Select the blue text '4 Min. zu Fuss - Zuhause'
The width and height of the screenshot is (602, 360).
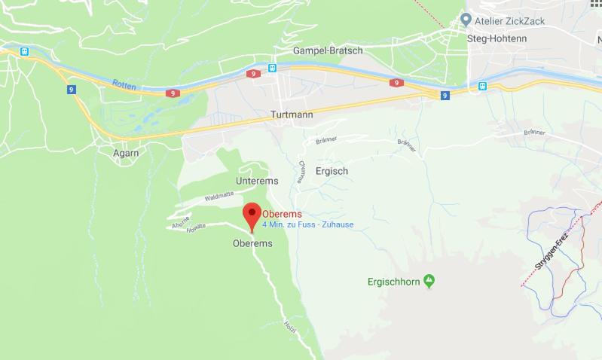(x=307, y=224)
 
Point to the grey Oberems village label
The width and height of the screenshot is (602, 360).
(x=252, y=244)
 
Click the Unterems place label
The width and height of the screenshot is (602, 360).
(x=257, y=182)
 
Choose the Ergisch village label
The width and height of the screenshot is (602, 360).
(x=332, y=172)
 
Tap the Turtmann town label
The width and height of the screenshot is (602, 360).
(x=291, y=116)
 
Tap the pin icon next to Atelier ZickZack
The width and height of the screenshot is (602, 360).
(x=467, y=20)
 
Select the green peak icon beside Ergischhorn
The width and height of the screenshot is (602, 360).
(x=429, y=282)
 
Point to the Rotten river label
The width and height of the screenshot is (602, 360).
(x=124, y=85)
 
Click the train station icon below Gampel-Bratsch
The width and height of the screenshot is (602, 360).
(x=272, y=68)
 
